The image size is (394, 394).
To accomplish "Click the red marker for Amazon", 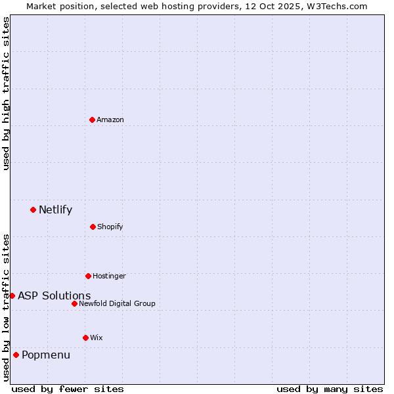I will point(92,120).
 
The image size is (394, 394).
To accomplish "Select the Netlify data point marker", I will point(33,209).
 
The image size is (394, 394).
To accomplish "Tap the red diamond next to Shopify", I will point(93,227).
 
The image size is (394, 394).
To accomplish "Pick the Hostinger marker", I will point(88,276).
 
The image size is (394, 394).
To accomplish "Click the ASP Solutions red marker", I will point(12,295).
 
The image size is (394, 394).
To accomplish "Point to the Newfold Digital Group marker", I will point(74,303).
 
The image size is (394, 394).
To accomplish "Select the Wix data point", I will point(85,338).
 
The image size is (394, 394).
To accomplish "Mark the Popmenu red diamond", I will point(16,355).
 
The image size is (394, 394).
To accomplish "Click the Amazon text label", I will point(110,120).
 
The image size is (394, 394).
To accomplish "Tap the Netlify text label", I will point(55,210).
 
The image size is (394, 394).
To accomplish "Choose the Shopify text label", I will point(110,227).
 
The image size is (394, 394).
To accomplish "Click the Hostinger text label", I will point(109,276).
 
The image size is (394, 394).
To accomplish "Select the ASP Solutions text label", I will point(54,295).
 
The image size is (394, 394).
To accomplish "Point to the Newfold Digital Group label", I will point(117,303).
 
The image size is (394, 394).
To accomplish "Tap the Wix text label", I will point(97,338).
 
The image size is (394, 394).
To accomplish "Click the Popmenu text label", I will point(46,355).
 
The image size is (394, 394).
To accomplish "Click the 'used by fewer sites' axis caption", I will point(68,389).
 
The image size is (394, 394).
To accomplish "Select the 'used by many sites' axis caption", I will point(330,389).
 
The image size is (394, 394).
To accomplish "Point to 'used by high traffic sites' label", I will point(6,94).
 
